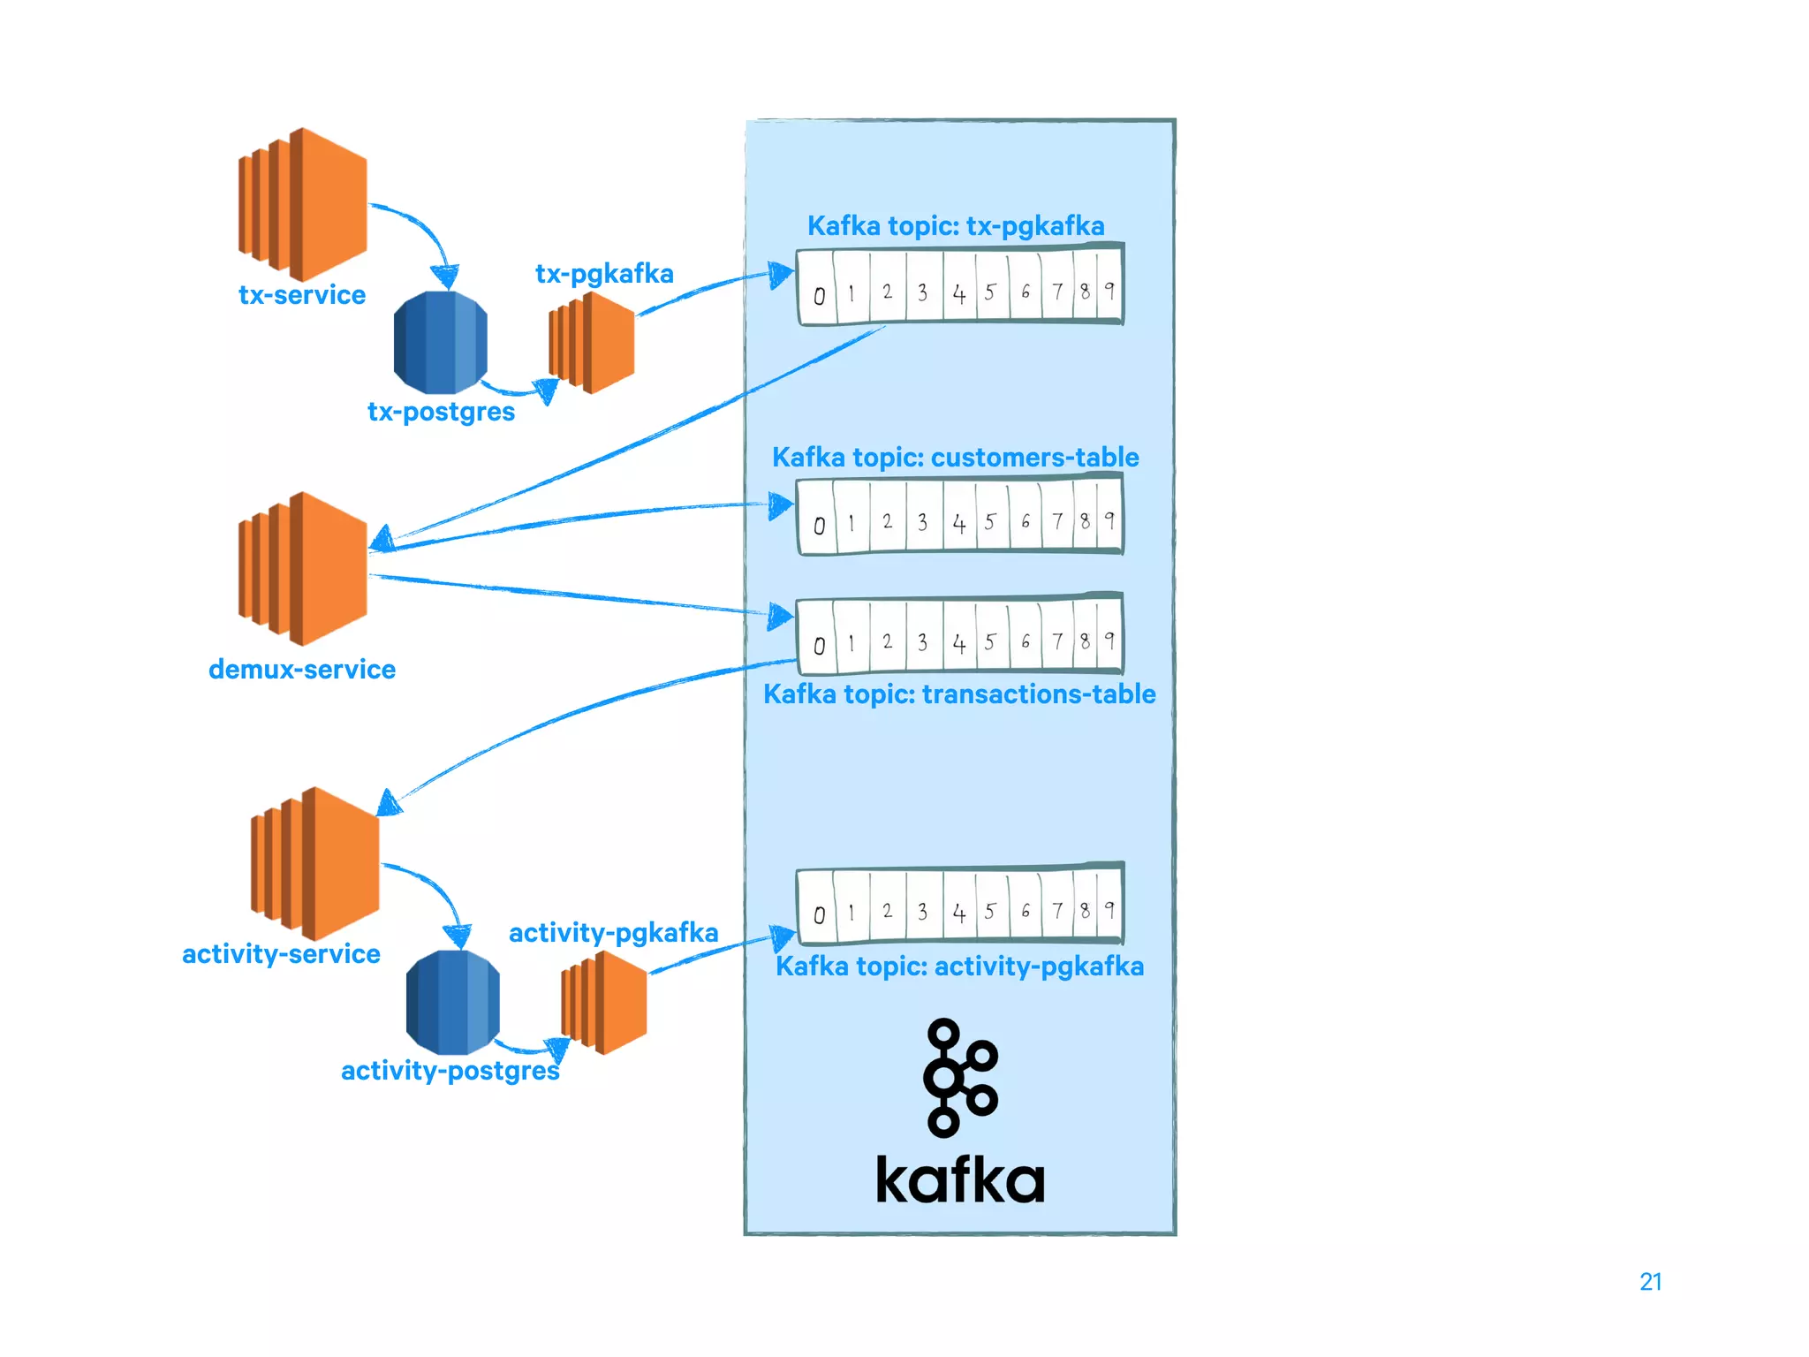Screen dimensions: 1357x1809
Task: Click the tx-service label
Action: coord(302,295)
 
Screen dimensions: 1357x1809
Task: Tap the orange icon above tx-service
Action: coord(303,204)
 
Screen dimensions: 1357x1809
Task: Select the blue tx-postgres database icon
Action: coord(440,343)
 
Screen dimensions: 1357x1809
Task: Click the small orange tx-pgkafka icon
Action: coord(592,343)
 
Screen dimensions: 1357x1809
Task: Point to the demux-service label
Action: coord(302,670)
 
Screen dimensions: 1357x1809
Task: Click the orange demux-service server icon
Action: coord(303,568)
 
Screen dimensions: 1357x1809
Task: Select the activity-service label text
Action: coord(281,954)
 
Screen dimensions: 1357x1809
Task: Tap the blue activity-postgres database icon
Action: coord(453,1002)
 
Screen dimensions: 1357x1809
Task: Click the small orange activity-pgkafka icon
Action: coord(604,1003)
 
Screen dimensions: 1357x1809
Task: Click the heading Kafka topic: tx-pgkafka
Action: coord(956,226)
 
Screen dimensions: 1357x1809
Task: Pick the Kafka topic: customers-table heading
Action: coord(956,458)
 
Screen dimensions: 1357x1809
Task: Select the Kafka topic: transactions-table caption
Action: coord(959,694)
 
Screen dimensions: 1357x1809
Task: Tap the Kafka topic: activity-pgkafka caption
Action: coord(959,967)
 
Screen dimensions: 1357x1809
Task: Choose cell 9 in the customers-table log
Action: coord(1109,520)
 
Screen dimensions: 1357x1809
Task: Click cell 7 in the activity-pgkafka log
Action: coord(1057,911)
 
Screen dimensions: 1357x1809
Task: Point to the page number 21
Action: coord(1650,1282)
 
